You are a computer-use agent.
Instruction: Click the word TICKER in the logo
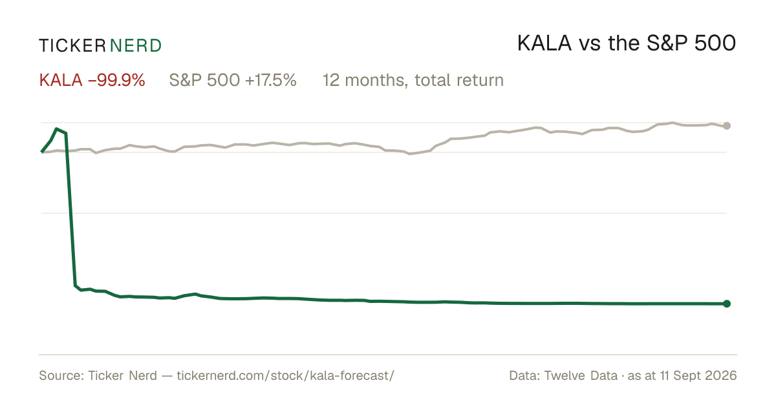(x=72, y=46)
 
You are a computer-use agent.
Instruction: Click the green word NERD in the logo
(x=136, y=46)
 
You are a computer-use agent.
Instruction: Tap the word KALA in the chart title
(x=544, y=43)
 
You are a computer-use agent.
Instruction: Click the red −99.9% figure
(x=116, y=80)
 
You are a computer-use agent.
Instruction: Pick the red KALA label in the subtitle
(x=61, y=80)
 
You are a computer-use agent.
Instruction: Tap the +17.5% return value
(x=271, y=80)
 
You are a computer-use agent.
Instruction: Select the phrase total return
(x=459, y=80)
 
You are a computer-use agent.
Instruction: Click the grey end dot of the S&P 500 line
(x=727, y=126)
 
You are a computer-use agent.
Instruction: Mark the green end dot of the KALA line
(x=727, y=304)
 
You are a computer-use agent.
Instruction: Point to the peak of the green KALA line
(x=56, y=129)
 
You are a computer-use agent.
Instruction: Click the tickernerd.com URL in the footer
(x=285, y=375)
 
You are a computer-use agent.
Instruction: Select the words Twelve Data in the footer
(x=581, y=375)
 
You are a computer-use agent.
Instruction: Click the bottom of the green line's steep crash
(x=75, y=286)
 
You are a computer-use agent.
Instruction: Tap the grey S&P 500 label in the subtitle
(x=204, y=80)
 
